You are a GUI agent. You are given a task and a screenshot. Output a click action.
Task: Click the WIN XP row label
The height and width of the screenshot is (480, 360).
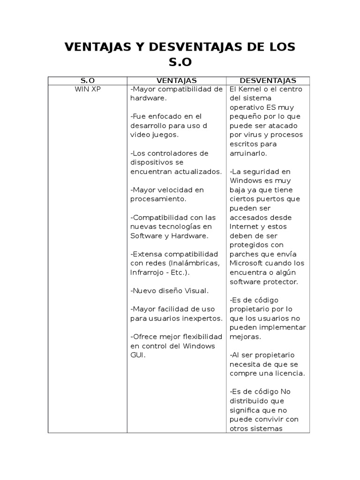[88, 89]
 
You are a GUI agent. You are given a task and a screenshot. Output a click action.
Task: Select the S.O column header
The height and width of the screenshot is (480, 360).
[88, 81]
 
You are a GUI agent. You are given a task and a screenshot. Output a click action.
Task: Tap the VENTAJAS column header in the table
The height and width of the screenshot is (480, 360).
[176, 81]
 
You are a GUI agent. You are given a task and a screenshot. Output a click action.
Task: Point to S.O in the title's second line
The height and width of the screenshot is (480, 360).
[180, 62]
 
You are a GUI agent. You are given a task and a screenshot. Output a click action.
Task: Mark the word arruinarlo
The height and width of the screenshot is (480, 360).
[249, 153]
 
